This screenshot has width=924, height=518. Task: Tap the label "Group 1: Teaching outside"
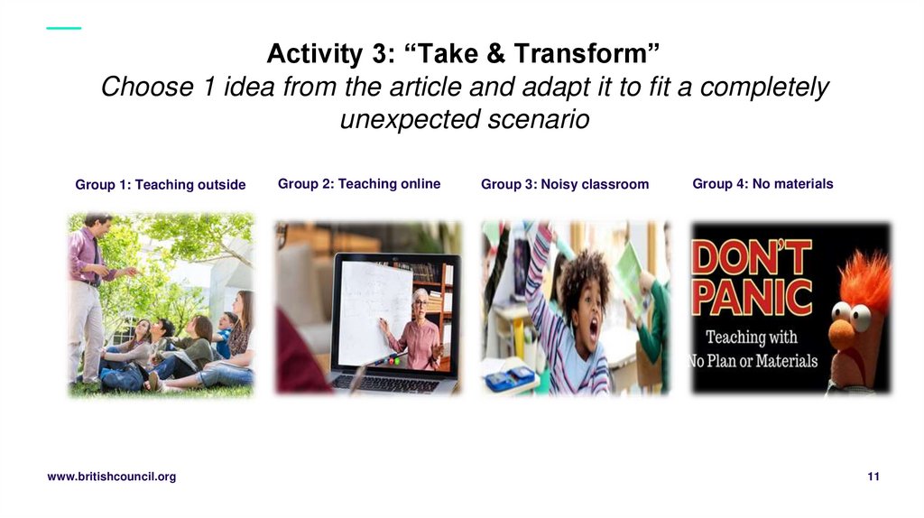[160, 185]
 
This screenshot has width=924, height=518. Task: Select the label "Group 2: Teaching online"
[359, 184]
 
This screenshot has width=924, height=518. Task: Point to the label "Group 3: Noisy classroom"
[565, 185]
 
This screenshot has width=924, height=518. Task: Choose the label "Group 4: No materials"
[762, 184]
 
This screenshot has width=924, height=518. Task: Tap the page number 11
[873, 476]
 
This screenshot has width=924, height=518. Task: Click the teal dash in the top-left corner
[63, 28]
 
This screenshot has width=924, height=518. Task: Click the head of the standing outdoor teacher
[97, 225]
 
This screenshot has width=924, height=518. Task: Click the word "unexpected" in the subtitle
[402, 119]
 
